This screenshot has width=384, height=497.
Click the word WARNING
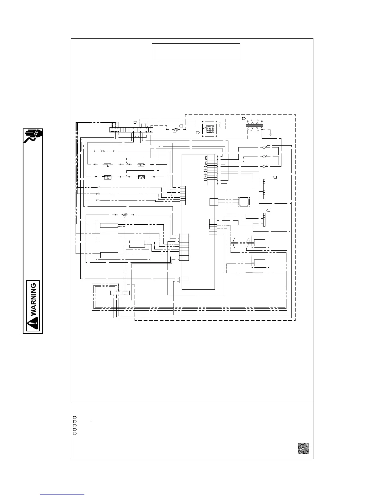click(34, 299)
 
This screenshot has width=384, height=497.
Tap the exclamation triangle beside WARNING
click(33, 323)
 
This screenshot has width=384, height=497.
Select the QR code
click(303, 448)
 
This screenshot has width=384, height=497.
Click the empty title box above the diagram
click(196, 51)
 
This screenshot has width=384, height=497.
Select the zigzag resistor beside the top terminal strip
click(176, 129)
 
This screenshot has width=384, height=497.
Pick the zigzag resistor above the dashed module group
click(125, 215)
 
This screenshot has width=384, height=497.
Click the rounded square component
click(244, 201)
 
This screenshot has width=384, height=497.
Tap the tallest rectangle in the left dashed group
click(109, 237)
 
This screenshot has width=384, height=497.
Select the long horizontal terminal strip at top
click(131, 129)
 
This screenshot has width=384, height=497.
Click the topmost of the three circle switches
click(264, 147)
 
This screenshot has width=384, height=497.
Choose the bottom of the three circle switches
click(264, 166)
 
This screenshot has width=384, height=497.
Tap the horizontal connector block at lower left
click(120, 293)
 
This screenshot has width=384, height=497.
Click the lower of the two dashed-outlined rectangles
click(259, 263)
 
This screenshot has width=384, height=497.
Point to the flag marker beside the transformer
click(244, 119)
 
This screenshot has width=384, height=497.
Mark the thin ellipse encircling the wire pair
click(248, 243)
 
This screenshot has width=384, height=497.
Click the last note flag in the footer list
click(75, 433)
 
